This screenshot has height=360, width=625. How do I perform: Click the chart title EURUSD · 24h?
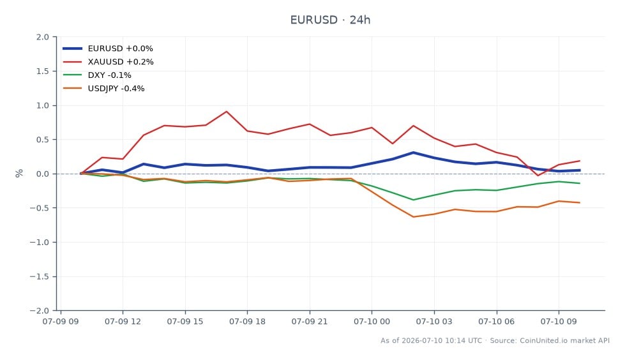(x=330, y=20)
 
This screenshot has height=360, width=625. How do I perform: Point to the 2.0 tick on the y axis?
(x=43, y=37)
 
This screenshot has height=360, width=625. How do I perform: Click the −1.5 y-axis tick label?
(x=40, y=276)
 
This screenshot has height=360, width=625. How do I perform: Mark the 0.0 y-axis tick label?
(x=43, y=174)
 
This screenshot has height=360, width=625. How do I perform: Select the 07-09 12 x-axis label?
(x=123, y=321)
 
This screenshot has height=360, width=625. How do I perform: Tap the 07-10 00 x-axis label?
(x=372, y=321)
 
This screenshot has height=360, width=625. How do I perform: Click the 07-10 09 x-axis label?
(x=559, y=321)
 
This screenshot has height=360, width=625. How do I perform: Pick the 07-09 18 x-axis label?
(x=247, y=321)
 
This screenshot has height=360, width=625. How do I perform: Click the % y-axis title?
(x=19, y=174)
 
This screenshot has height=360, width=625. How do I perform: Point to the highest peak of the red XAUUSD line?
(x=227, y=112)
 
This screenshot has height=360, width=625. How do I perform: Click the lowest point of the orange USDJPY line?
(x=413, y=217)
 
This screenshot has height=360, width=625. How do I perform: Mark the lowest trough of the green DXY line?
(x=413, y=200)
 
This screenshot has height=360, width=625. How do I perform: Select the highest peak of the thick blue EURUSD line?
(x=413, y=153)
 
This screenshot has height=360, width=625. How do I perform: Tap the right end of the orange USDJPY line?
(x=580, y=202)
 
